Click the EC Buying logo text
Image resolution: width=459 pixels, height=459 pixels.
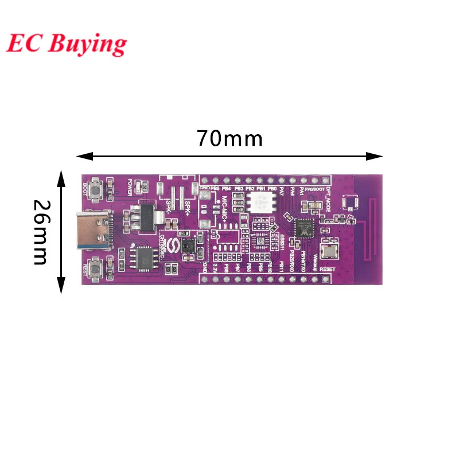tap(67, 43)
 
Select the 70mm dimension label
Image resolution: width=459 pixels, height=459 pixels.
tap(229, 139)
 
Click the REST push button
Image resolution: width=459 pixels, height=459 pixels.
tap(95, 265)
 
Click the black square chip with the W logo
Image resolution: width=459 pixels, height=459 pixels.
tap(304, 228)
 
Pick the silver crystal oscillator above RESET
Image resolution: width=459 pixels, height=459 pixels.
tap(329, 252)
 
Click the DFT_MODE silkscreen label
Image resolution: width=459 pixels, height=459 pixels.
tap(329, 197)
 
